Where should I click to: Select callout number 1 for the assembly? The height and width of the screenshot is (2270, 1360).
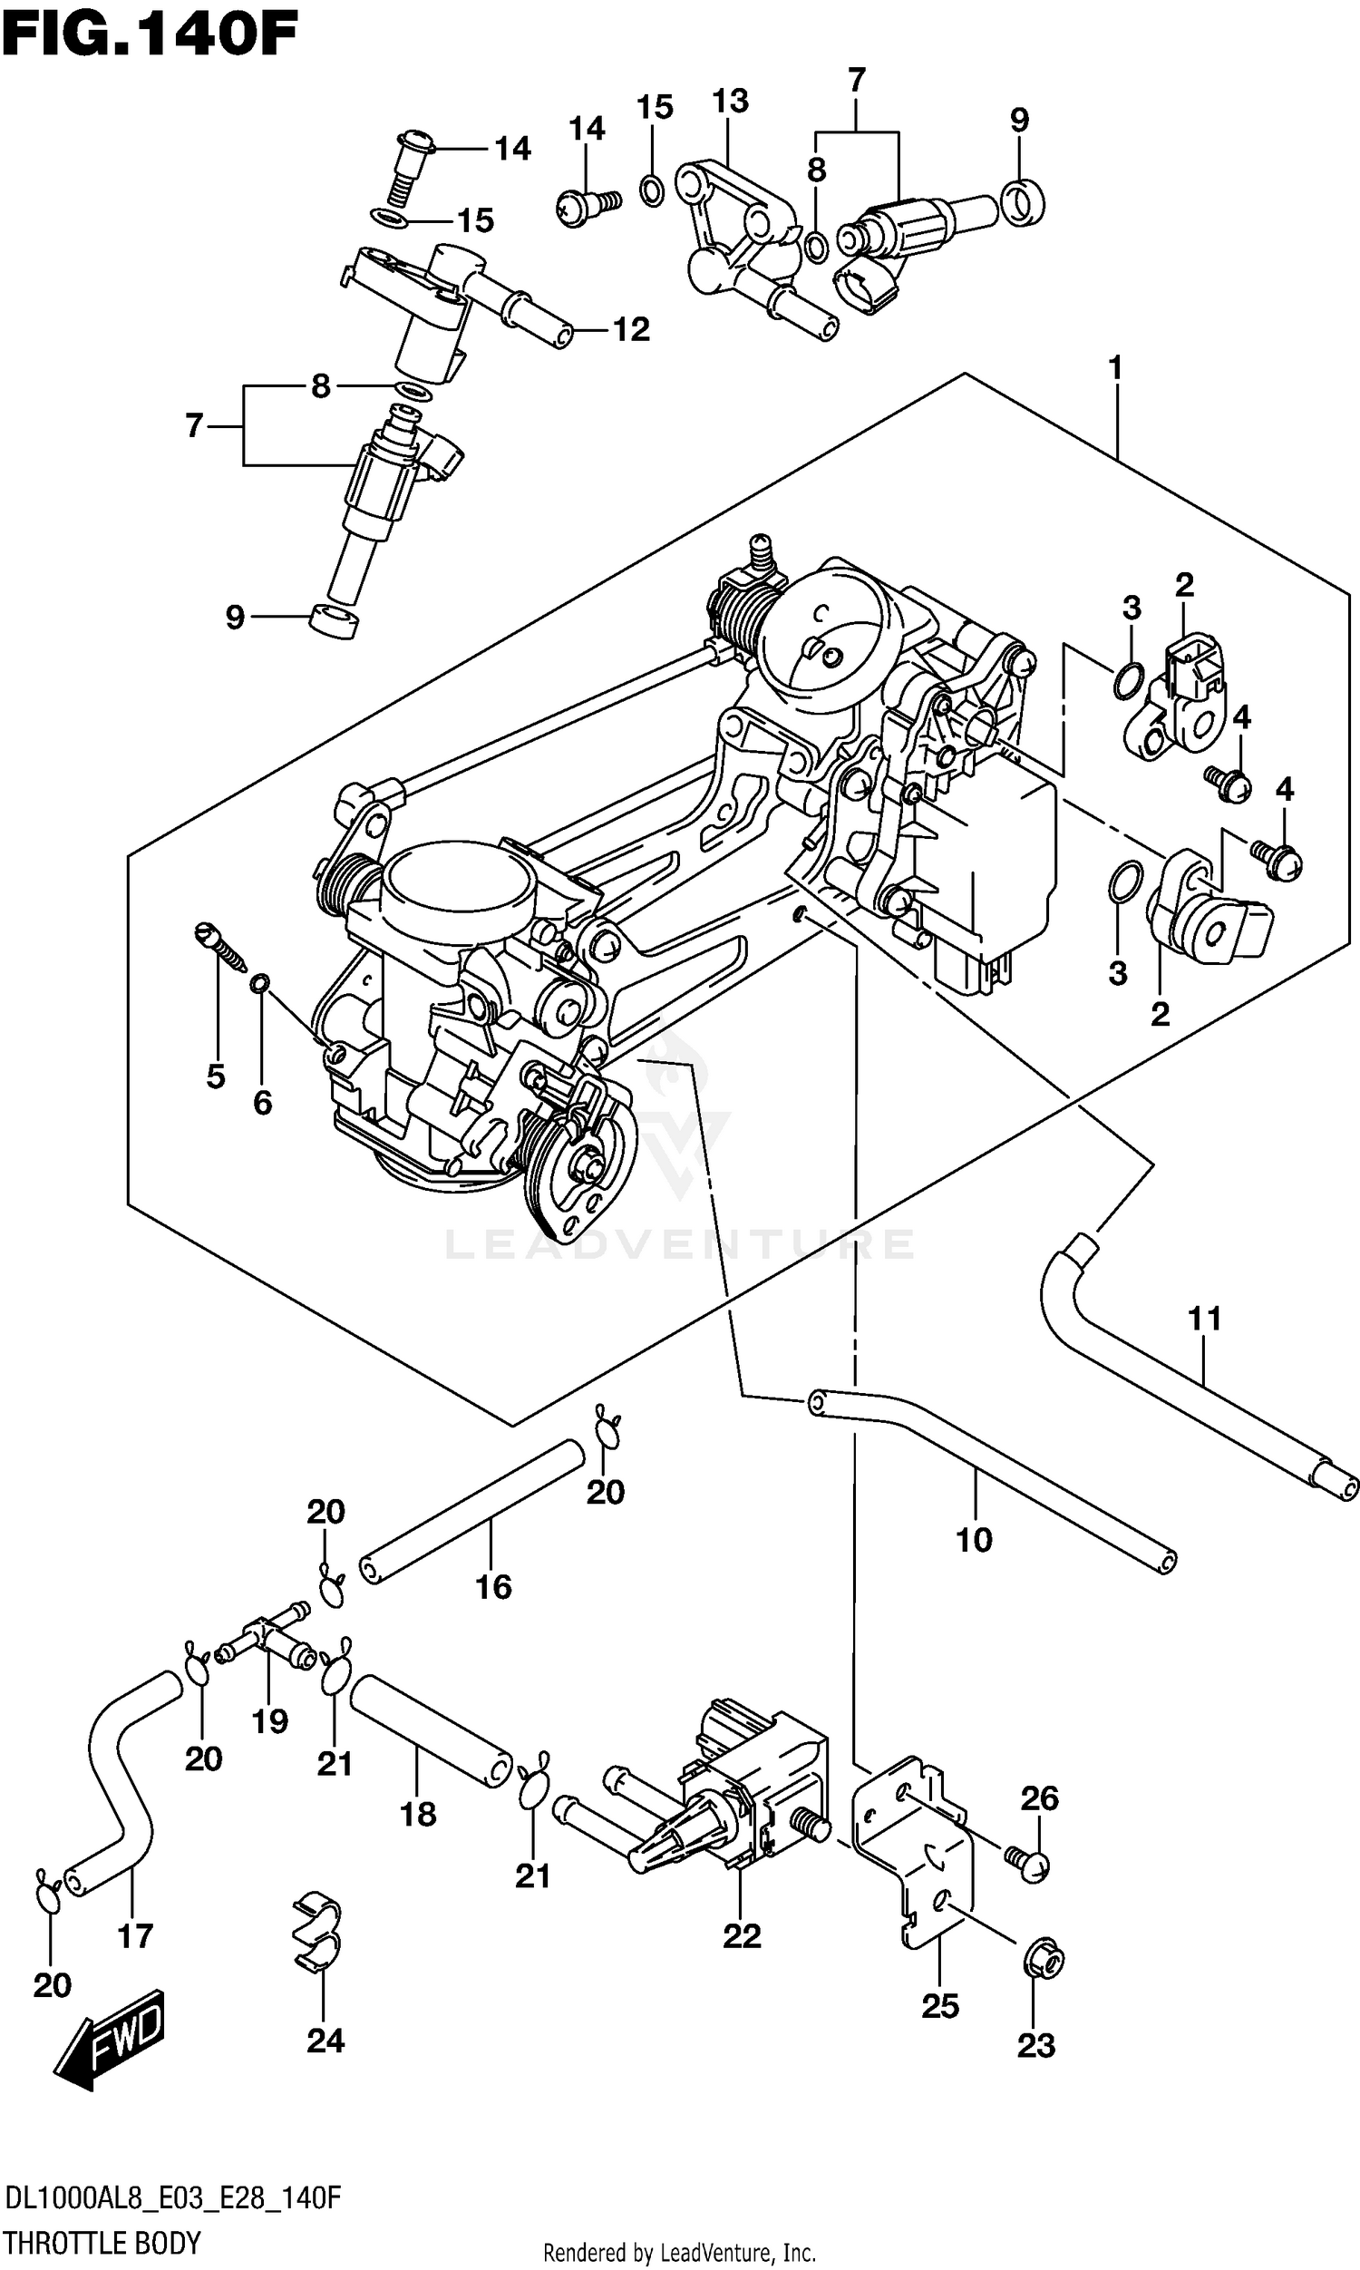(1114, 368)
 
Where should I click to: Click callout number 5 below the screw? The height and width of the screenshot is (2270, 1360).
(216, 1076)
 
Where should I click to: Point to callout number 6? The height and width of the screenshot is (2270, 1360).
(263, 1103)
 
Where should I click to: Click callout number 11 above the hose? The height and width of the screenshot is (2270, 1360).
(1204, 1319)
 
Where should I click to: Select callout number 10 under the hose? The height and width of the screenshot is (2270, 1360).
(973, 1540)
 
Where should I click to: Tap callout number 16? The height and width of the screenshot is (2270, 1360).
(493, 1586)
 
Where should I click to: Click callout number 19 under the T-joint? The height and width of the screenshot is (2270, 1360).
(269, 1721)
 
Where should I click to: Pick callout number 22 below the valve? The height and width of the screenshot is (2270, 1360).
(742, 1935)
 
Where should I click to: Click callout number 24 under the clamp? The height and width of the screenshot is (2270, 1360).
(325, 2040)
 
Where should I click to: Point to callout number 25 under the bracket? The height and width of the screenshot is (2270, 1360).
(940, 2006)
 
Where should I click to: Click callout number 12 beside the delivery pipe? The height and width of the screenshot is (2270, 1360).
(630, 329)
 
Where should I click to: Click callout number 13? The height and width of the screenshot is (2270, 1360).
(730, 101)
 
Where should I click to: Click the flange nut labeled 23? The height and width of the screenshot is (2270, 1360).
(1043, 1962)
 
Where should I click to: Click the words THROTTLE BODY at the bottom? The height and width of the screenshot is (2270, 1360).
(102, 2242)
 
